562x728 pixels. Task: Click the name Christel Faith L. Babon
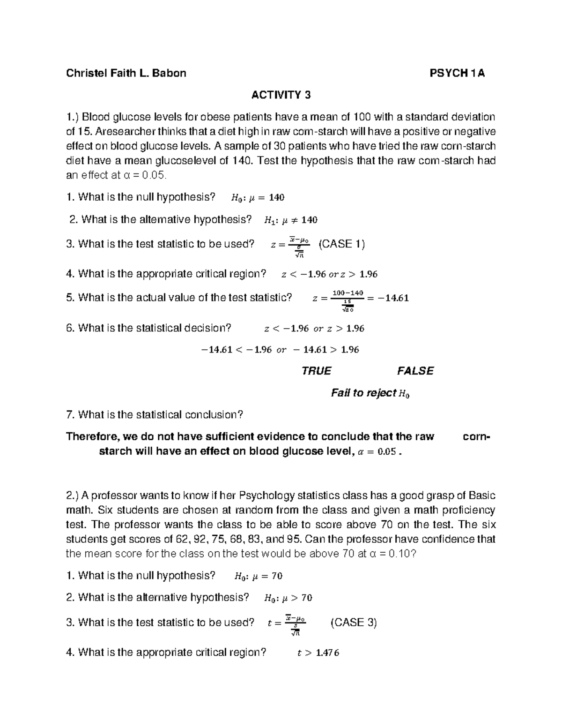(x=126, y=73)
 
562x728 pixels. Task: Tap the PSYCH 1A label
(x=457, y=73)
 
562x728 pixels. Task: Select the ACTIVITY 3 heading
(x=281, y=95)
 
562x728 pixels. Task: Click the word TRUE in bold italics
(x=317, y=371)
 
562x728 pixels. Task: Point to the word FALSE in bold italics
(x=415, y=371)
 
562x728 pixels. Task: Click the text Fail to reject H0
(x=370, y=393)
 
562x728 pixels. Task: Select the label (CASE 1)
(x=341, y=244)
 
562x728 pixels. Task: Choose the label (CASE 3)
(x=354, y=623)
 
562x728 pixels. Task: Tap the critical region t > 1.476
(x=318, y=653)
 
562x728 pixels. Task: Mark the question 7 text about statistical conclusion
(x=155, y=414)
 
